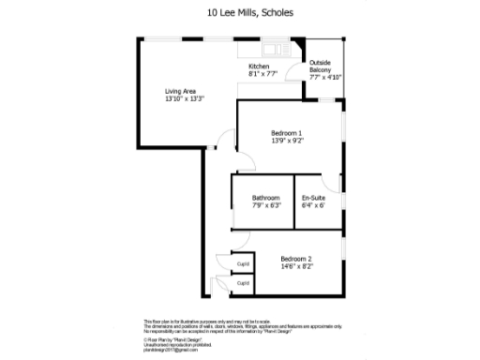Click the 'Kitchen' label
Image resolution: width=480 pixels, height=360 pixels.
coord(260,67)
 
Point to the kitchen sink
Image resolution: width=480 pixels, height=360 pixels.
coord(271,49)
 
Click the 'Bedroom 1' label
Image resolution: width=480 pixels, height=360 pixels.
coord(287,133)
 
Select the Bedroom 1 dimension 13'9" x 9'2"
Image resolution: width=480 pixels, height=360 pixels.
coord(287,141)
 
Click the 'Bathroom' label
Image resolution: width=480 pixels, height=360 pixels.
coord(266,198)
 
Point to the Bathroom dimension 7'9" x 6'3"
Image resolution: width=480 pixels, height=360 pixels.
coord(266,205)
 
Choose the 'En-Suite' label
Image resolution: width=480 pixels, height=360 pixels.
coord(312,198)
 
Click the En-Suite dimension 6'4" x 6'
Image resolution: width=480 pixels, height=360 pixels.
coord(312,205)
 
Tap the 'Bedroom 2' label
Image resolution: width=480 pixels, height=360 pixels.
coord(296,258)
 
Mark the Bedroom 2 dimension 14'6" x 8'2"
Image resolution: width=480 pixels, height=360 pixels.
coord(296,266)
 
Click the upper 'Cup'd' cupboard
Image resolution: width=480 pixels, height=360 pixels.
coord(242,263)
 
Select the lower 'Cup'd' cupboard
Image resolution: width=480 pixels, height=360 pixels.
coord(242,281)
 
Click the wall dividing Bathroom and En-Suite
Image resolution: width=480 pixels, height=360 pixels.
coord(293,201)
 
